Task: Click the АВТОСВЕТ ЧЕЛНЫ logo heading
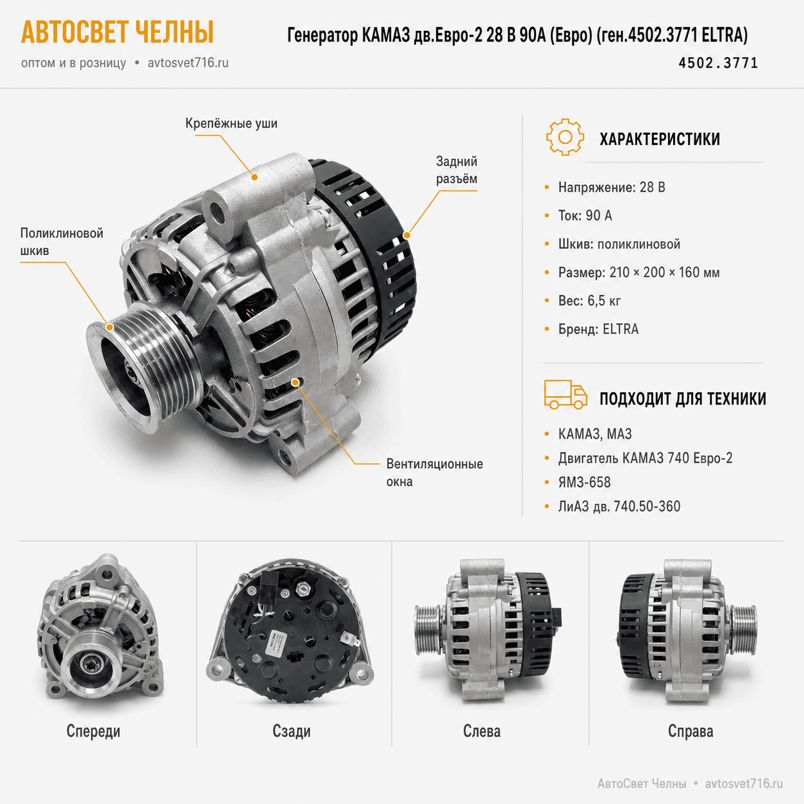click(x=117, y=32)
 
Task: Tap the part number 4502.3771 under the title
click(x=718, y=63)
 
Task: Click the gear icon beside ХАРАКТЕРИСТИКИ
click(x=565, y=137)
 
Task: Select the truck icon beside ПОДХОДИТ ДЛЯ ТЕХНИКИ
click(x=565, y=394)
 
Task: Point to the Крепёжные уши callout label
click(x=231, y=124)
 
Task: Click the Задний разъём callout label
click(x=456, y=170)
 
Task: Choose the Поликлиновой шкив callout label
click(x=62, y=242)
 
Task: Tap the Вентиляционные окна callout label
click(x=434, y=473)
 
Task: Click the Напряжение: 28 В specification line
click(x=612, y=187)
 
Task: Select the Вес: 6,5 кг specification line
click(x=590, y=301)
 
